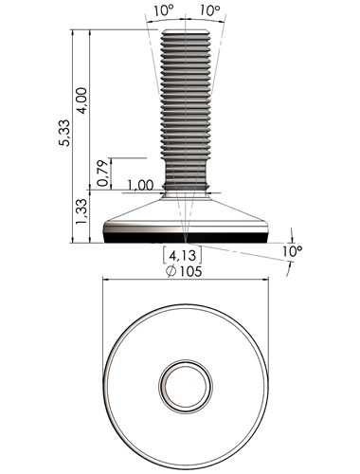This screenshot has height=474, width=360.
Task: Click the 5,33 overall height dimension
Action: (64, 133)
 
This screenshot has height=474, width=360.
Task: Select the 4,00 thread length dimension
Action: (81, 100)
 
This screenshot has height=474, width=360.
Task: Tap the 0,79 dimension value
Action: (103, 173)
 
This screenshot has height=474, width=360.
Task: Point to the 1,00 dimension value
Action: (140, 185)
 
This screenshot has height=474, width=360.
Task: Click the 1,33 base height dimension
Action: (81, 211)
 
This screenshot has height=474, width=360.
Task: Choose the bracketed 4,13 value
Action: (182, 255)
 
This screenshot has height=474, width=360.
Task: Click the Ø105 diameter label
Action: (185, 271)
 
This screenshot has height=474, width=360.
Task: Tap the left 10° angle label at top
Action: (164, 10)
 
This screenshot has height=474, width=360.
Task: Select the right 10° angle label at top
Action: (210, 10)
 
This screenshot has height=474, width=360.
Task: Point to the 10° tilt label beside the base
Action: (292, 251)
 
